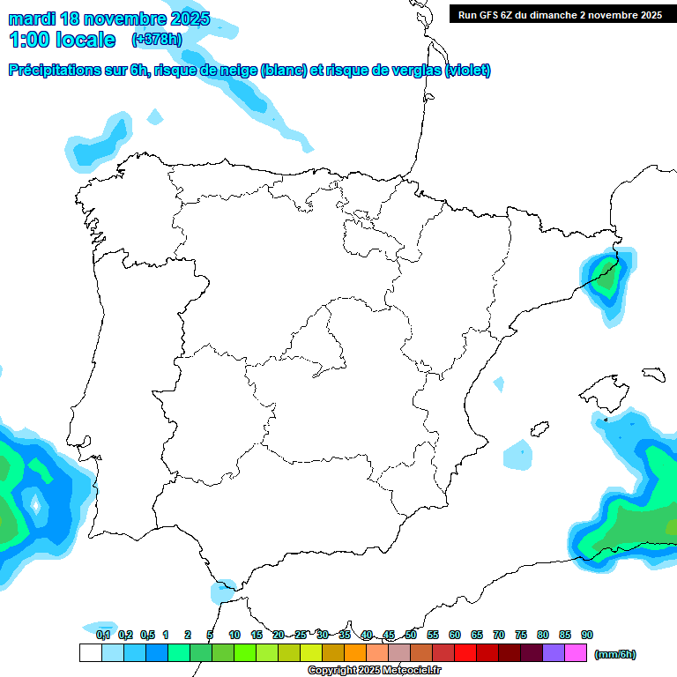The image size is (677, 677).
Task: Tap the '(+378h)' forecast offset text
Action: pyautogui.click(x=156, y=39)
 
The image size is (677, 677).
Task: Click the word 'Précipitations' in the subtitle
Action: pyautogui.click(x=54, y=71)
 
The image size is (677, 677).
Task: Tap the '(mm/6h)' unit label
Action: pyautogui.click(x=614, y=654)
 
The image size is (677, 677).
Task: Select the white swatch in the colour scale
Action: pyautogui.click(x=90, y=653)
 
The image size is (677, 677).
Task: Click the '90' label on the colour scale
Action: pyautogui.click(x=587, y=635)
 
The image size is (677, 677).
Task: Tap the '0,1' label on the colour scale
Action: pyautogui.click(x=103, y=635)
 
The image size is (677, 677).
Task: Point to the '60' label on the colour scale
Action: pyautogui.click(x=455, y=635)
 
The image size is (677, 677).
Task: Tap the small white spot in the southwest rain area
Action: pyautogui.click(x=35, y=505)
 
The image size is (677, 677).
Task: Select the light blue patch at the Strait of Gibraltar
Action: pyautogui.click(x=222, y=590)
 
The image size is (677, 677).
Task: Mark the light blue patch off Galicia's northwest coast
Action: pyautogui.click(x=97, y=145)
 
